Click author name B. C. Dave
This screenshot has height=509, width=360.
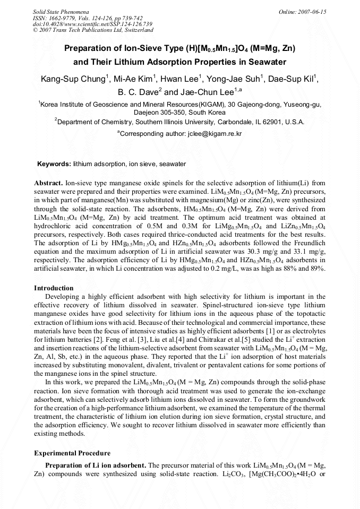tap(141, 92)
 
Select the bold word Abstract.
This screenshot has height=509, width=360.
tap(48, 182)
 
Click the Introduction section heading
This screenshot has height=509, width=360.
tap(54, 288)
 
